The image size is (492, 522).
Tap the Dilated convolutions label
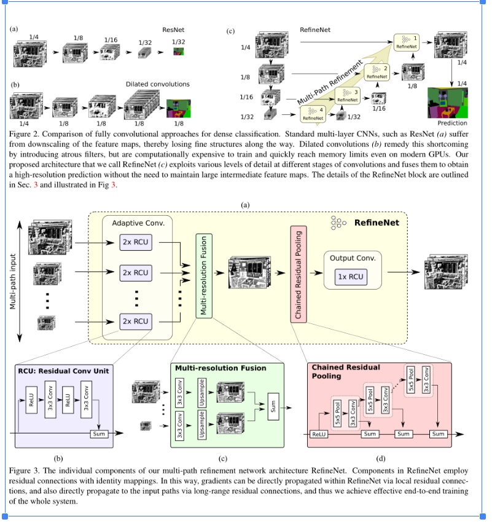tap(157, 84)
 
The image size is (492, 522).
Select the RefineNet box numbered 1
tap(406, 42)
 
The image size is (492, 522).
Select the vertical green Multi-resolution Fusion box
tap(203, 274)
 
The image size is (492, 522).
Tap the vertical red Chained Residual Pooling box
tap(298, 274)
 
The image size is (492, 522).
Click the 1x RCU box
tap(350, 277)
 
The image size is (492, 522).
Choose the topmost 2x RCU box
tap(135, 242)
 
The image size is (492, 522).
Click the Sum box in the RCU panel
tap(98, 434)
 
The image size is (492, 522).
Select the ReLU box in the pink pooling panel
tap(318, 434)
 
